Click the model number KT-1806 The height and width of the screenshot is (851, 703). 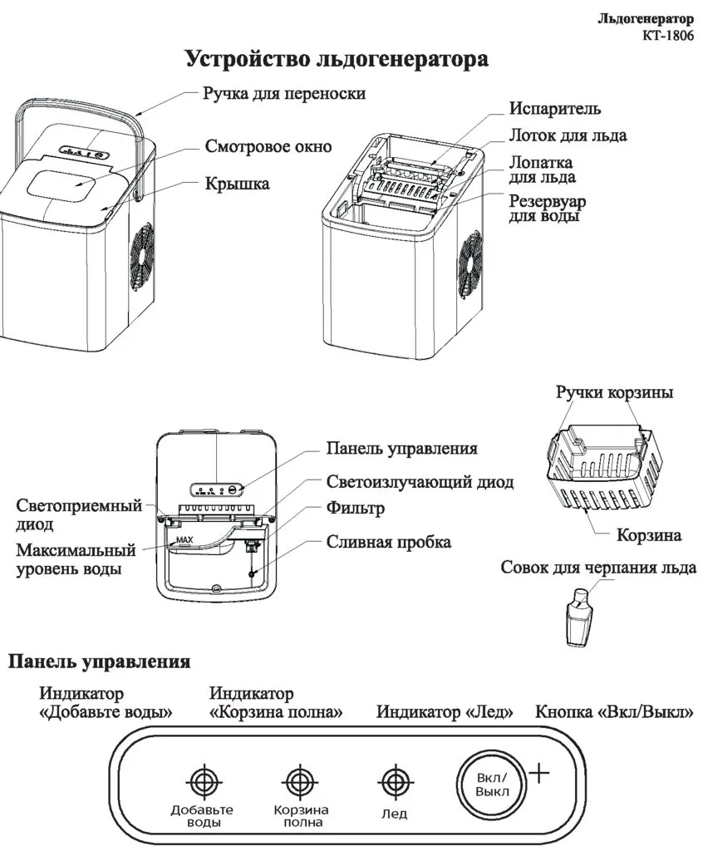click(x=669, y=35)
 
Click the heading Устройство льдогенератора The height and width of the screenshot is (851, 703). click(x=337, y=61)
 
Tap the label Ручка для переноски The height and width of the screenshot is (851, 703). click(x=284, y=93)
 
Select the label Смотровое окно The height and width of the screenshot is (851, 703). click(x=268, y=147)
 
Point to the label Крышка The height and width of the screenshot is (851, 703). click(x=237, y=184)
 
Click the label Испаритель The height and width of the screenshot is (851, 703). click(x=555, y=109)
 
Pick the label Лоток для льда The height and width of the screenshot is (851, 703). click(x=568, y=135)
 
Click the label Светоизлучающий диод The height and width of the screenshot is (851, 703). click(x=420, y=482)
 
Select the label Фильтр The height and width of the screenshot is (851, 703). click(x=356, y=508)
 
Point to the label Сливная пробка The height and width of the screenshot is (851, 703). click(x=389, y=542)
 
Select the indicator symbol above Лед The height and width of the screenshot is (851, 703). click(x=392, y=781)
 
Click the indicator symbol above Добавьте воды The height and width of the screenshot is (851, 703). click(x=202, y=781)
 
